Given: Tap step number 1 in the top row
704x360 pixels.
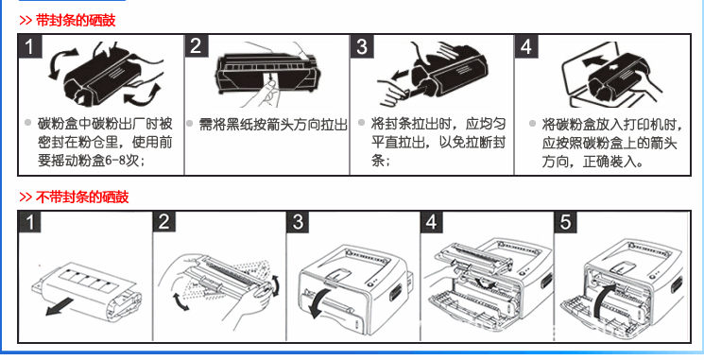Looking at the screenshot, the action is tap(30, 46).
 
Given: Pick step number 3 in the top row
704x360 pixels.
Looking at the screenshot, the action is tap(362, 46).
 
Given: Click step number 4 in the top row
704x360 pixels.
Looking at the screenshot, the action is tap(526, 46).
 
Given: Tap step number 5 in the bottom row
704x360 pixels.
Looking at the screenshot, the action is tap(566, 222).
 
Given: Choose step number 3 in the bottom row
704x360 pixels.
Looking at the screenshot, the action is tap(298, 222).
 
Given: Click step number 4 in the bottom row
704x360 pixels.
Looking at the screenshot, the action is tap(432, 222).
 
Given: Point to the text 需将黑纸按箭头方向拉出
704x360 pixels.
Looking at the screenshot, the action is tap(273, 125).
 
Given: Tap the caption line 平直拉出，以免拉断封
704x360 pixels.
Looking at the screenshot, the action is tap(438, 143).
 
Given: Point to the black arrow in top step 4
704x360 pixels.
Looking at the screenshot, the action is tap(593, 60).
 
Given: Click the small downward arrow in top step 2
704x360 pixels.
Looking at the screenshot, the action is tap(270, 80).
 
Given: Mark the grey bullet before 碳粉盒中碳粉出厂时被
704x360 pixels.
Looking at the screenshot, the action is tap(27, 123).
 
